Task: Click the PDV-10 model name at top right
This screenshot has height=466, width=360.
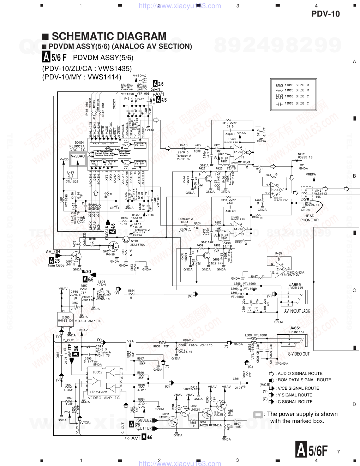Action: pyautogui.click(x=325, y=14)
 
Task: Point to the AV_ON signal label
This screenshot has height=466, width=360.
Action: pyautogui.click(x=53, y=252)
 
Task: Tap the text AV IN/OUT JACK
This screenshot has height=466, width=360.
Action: pyautogui.click(x=297, y=311)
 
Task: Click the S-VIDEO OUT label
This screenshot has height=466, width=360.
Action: pyautogui.click(x=299, y=354)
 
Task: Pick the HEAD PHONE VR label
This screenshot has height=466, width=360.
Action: pyautogui.click(x=309, y=218)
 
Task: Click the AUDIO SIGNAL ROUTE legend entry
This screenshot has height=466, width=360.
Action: pyautogui.click(x=300, y=374)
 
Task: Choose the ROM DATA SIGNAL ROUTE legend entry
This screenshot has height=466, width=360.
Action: pyautogui.click(x=304, y=380)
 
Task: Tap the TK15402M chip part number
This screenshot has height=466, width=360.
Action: pyautogui.click(x=98, y=392)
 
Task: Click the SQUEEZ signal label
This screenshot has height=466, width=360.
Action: pyautogui.click(x=145, y=420)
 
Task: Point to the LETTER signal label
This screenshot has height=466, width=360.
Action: pyautogui.click(x=145, y=428)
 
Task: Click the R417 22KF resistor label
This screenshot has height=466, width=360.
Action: pyautogui.click(x=229, y=123)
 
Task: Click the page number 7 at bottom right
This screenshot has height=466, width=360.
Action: pyautogui.click(x=338, y=452)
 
